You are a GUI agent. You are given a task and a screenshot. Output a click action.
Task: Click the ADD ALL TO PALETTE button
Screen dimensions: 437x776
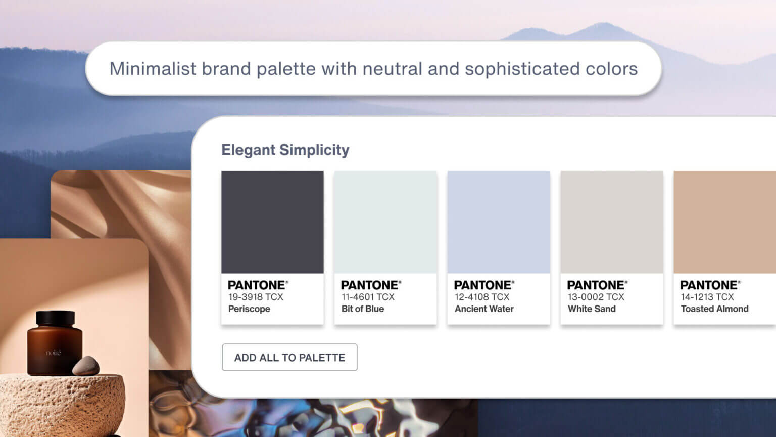pos(289,357)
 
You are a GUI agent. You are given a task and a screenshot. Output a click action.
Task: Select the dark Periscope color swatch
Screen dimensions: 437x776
pos(272,222)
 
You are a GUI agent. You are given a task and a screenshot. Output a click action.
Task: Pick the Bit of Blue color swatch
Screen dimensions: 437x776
pos(385,222)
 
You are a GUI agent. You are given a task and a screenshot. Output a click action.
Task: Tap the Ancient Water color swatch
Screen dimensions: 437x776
pos(498,222)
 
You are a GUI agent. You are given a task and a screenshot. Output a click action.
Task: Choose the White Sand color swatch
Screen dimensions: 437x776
pos(611,222)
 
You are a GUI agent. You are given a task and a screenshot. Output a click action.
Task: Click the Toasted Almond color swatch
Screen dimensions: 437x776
pos(724,222)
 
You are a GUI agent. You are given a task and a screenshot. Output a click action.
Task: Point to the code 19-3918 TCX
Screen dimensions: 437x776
pos(256,297)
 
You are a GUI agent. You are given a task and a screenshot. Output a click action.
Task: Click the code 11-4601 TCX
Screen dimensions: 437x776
pos(368,297)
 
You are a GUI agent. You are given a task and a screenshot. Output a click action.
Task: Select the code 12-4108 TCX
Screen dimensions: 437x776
pos(481,297)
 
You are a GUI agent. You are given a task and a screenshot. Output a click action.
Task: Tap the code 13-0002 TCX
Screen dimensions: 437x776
pos(596,297)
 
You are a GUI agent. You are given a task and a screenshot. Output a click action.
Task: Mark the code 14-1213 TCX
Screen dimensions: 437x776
pos(707,297)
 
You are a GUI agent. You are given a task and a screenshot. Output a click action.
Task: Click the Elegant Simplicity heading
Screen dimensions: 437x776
pos(285,150)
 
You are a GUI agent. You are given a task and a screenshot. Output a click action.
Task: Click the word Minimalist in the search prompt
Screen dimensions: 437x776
pos(153,69)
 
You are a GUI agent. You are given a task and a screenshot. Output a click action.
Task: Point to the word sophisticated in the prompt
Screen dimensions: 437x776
pos(522,69)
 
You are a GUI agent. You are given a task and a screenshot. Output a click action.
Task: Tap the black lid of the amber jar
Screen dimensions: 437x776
pos(55,318)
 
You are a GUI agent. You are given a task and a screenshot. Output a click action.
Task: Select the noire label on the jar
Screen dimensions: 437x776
pos(53,353)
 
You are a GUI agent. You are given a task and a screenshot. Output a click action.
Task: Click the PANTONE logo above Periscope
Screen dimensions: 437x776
pos(258,285)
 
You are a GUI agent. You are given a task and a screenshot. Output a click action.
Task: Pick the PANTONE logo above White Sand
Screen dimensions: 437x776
pos(597,285)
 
